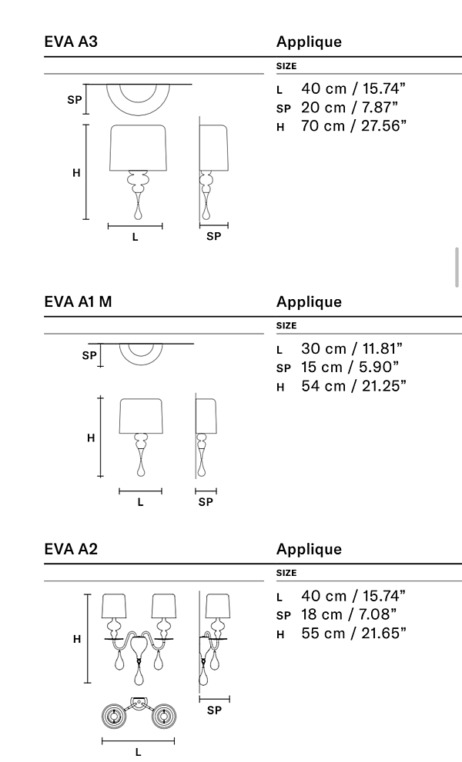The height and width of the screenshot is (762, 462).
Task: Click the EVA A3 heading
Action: tap(71, 42)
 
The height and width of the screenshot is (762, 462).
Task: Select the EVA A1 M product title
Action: tap(79, 302)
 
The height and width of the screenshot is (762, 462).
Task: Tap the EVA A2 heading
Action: tap(71, 549)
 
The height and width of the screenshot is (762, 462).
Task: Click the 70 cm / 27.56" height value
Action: tap(353, 125)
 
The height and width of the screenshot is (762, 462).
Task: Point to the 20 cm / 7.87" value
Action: tap(350, 108)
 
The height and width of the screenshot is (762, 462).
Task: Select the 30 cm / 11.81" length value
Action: tap(352, 350)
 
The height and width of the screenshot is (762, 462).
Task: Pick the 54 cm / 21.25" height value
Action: tap(353, 385)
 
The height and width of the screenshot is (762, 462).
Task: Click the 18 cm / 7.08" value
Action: tap(350, 615)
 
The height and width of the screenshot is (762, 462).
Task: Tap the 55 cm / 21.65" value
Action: tap(353, 633)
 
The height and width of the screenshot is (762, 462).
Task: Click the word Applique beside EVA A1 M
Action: tap(309, 302)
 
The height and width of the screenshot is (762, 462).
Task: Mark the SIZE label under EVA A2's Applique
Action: tap(286, 573)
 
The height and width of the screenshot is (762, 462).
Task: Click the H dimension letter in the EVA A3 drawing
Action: tap(76, 173)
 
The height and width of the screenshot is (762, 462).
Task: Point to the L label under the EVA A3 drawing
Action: tap(136, 238)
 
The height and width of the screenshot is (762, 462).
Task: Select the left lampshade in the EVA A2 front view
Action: tap(114, 605)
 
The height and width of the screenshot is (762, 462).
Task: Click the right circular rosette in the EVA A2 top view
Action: tap(163, 717)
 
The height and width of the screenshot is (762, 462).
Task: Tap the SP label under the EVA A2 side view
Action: tap(214, 710)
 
